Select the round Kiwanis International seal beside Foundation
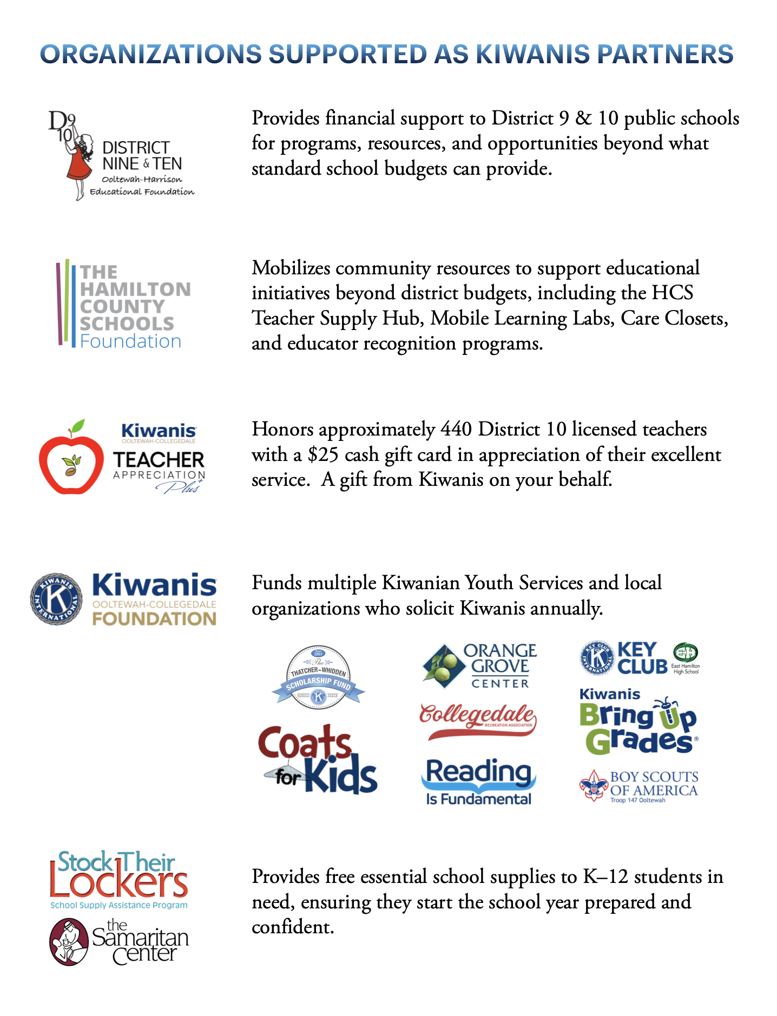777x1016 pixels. pos(56,599)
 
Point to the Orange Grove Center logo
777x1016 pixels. pos(479,665)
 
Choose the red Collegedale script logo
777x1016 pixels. pos(477,720)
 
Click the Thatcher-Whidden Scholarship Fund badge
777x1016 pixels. pos(318,677)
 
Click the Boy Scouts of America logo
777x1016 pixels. pos(638,786)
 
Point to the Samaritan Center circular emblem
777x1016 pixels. pos(69,942)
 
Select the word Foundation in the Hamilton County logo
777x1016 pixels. pos(130,341)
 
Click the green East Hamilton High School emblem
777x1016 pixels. pos(685,653)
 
